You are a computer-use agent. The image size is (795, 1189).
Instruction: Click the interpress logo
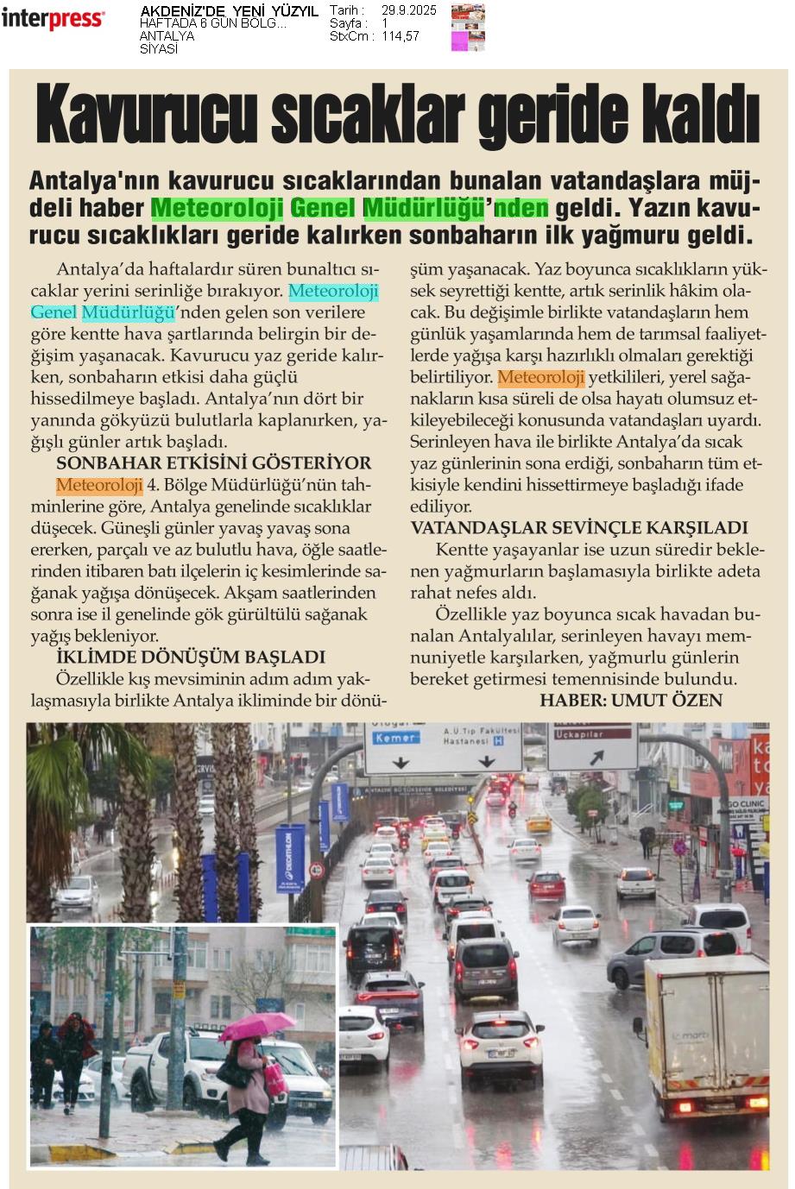(x=53, y=18)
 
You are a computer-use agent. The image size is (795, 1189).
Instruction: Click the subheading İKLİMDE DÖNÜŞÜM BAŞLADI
(x=190, y=657)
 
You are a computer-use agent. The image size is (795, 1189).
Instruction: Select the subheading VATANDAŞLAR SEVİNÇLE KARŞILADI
(x=579, y=528)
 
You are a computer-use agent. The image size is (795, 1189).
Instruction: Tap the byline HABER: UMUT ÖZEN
(x=630, y=700)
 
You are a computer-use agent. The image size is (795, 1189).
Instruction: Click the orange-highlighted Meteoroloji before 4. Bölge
(x=99, y=485)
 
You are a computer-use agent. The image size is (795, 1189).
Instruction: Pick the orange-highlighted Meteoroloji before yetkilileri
(x=541, y=377)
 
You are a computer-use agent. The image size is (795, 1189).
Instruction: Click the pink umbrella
(x=256, y=1026)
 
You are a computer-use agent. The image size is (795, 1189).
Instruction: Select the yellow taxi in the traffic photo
(x=539, y=823)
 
